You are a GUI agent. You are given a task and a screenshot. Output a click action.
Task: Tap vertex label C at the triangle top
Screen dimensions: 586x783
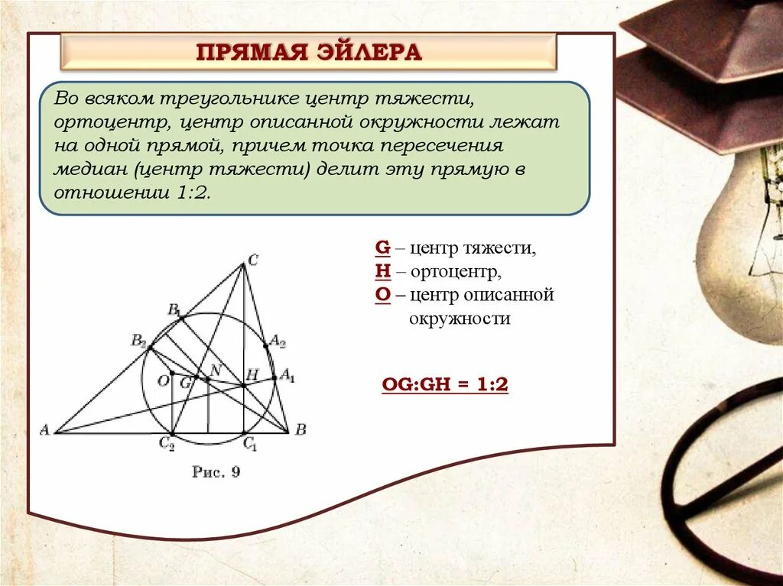(x=253, y=261)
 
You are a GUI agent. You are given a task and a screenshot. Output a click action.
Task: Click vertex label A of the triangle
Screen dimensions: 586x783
(x=44, y=430)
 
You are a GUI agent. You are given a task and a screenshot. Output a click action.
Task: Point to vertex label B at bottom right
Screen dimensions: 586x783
(x=301, y=430)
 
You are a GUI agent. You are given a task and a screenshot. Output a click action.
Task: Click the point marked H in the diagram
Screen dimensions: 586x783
(x=243, y=385)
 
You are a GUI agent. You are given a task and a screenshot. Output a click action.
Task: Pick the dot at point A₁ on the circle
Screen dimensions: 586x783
(x=275, y=377)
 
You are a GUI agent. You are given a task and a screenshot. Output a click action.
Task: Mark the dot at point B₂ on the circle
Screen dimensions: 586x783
(x=150, y=348)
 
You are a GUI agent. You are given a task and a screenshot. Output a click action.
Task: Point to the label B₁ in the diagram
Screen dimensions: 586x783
(x=174, y=309)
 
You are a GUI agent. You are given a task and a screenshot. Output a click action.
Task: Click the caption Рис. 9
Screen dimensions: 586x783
(x=216, y=472)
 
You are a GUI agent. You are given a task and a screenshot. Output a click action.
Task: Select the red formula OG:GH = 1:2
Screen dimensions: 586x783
(x=444, y=385)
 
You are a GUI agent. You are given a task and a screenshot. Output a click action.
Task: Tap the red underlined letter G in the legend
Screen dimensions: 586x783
(x=382, y=248)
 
